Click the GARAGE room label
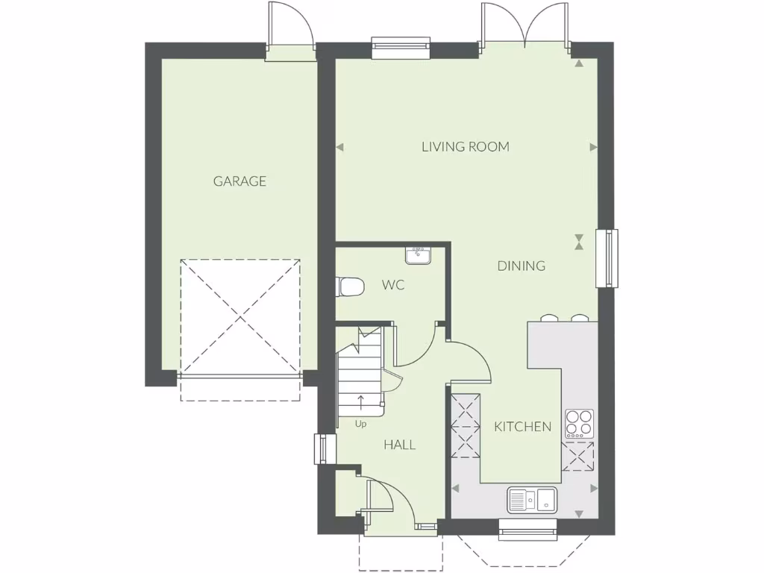click(239, 181)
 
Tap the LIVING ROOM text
click(466, 147)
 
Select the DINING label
click(522, 266)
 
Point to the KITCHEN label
click(523, 427)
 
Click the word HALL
click(399, 445)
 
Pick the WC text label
click(393, 285)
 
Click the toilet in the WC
click(349, 286)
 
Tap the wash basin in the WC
click(418, 256)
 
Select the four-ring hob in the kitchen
click(580, 424)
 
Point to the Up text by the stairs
click(361, 424)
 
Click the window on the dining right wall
click(607, 258)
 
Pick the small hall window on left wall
click(322, 448)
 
